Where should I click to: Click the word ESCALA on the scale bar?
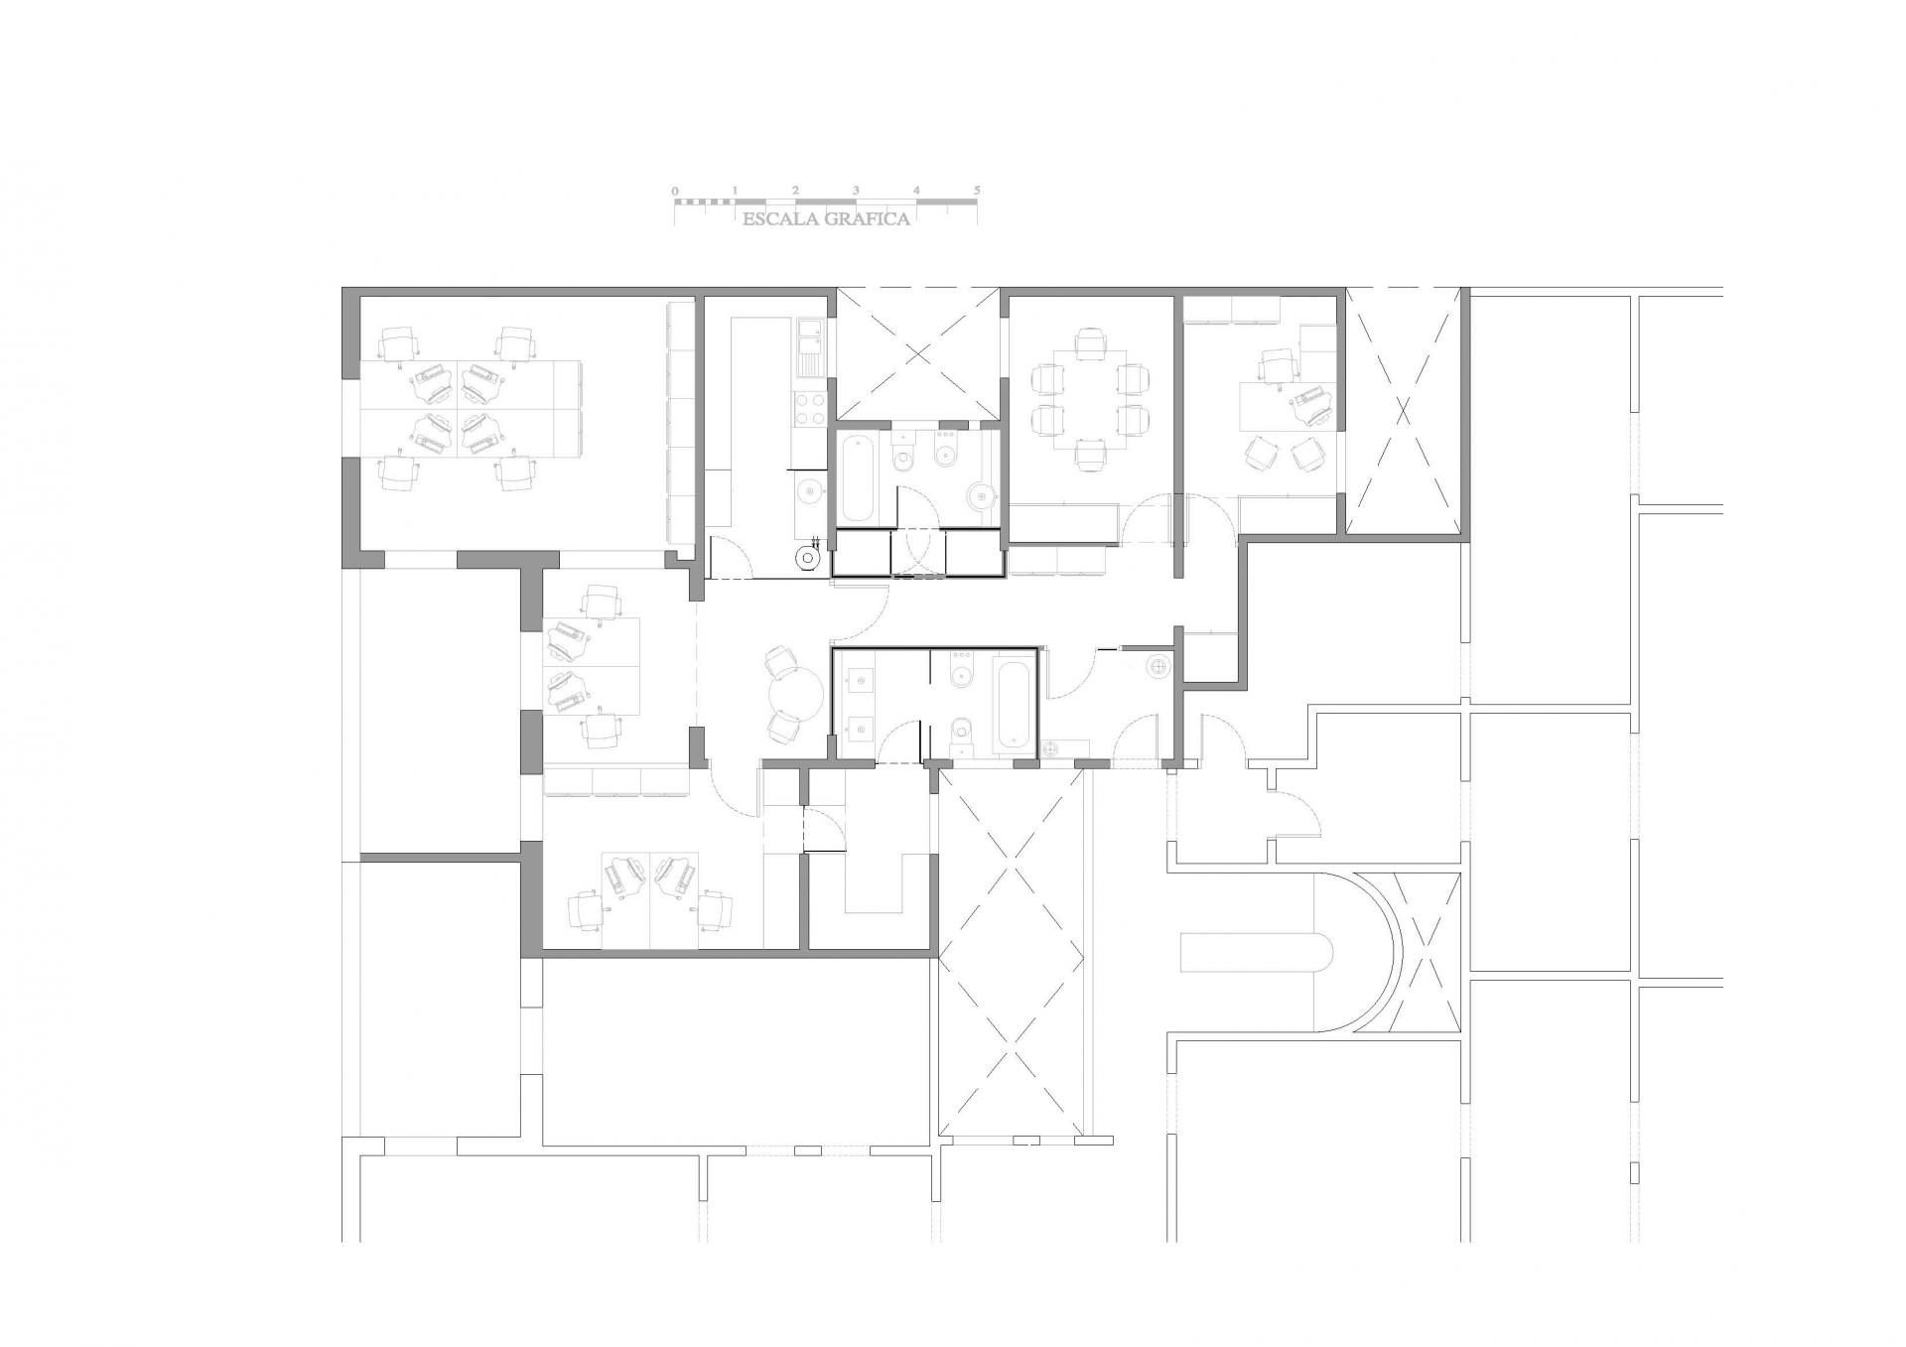777,219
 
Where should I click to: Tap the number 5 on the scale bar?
977,190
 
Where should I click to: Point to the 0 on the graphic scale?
675,190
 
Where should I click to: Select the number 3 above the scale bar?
856,190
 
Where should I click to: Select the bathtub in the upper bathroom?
858,479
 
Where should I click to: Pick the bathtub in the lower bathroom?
1013,704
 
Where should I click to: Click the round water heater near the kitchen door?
808,560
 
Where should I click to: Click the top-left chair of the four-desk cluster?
398,343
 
